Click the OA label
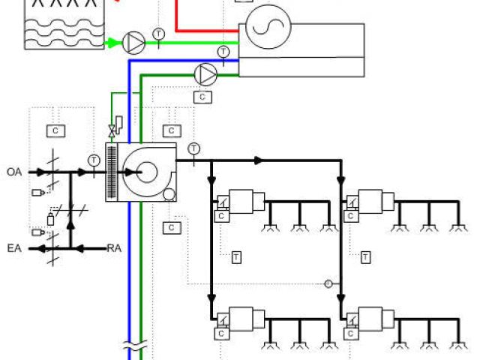[x=13, y=172]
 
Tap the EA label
[x=13, y=247]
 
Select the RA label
[x=114, y=247]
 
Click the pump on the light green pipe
[x=133, y=43]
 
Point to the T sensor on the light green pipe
[x=159, y=34]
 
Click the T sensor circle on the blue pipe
[x=223, y=52]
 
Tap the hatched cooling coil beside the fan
[x=112, y=172]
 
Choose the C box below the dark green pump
[x=202, y=97]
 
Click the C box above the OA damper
[x=55, y=130]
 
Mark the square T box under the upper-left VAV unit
[x=236, y=257]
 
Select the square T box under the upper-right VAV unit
[x=366, y=257]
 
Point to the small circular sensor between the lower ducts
[x=327, y=283]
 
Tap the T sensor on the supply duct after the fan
[x=194, y=148]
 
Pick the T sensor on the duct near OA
[x=94, y=160]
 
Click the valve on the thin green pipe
[x=112, y=130]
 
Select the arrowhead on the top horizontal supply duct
[x=259, y=160]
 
